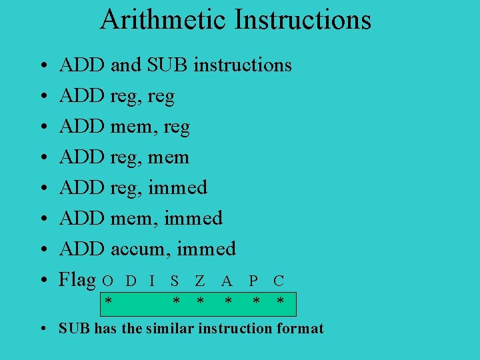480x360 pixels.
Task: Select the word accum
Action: coord(139,249)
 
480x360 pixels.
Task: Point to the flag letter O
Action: coord(107,281)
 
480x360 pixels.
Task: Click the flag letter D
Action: coord(131,281)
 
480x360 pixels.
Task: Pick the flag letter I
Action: coord(153,281)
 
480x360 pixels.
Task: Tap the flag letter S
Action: coord(175,281)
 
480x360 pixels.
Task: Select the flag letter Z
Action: coord(200,281)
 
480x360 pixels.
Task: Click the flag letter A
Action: coord(227,281)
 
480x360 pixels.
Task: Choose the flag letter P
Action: coord(254,281)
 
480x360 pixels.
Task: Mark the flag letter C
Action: coord(279,281)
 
